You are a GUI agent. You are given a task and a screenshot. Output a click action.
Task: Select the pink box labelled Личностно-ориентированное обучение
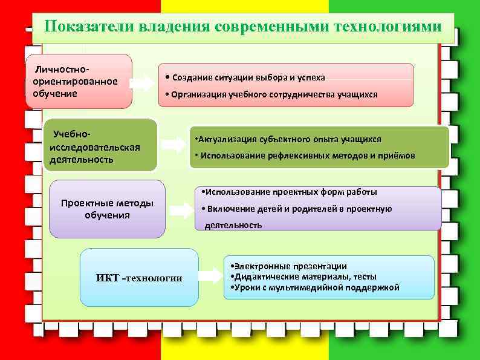[x=79, y=82]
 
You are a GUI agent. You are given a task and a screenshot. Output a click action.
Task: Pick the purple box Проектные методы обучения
[x=107, y=209]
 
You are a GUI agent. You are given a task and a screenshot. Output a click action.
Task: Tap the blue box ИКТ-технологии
[x=139, y=277]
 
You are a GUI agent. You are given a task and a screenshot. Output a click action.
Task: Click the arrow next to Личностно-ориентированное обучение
[x=143, y=82]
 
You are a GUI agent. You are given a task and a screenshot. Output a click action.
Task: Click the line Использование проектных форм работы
[x=291, y=192]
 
